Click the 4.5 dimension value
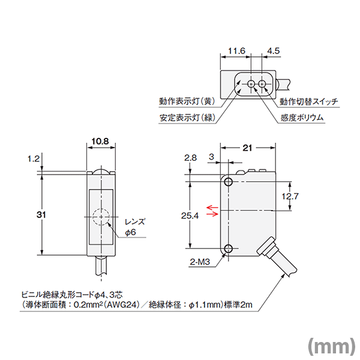pos(273,52)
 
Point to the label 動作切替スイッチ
pos(309,101)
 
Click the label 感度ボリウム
pos(302,118)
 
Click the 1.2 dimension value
pos(33,159)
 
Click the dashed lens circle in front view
pos(100,216)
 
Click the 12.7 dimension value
pos(290,196)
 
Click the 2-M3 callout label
pos(199,262)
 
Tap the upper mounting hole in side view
pos(229,181)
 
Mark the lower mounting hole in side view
pos(229,248)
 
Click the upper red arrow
pos(212,207)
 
